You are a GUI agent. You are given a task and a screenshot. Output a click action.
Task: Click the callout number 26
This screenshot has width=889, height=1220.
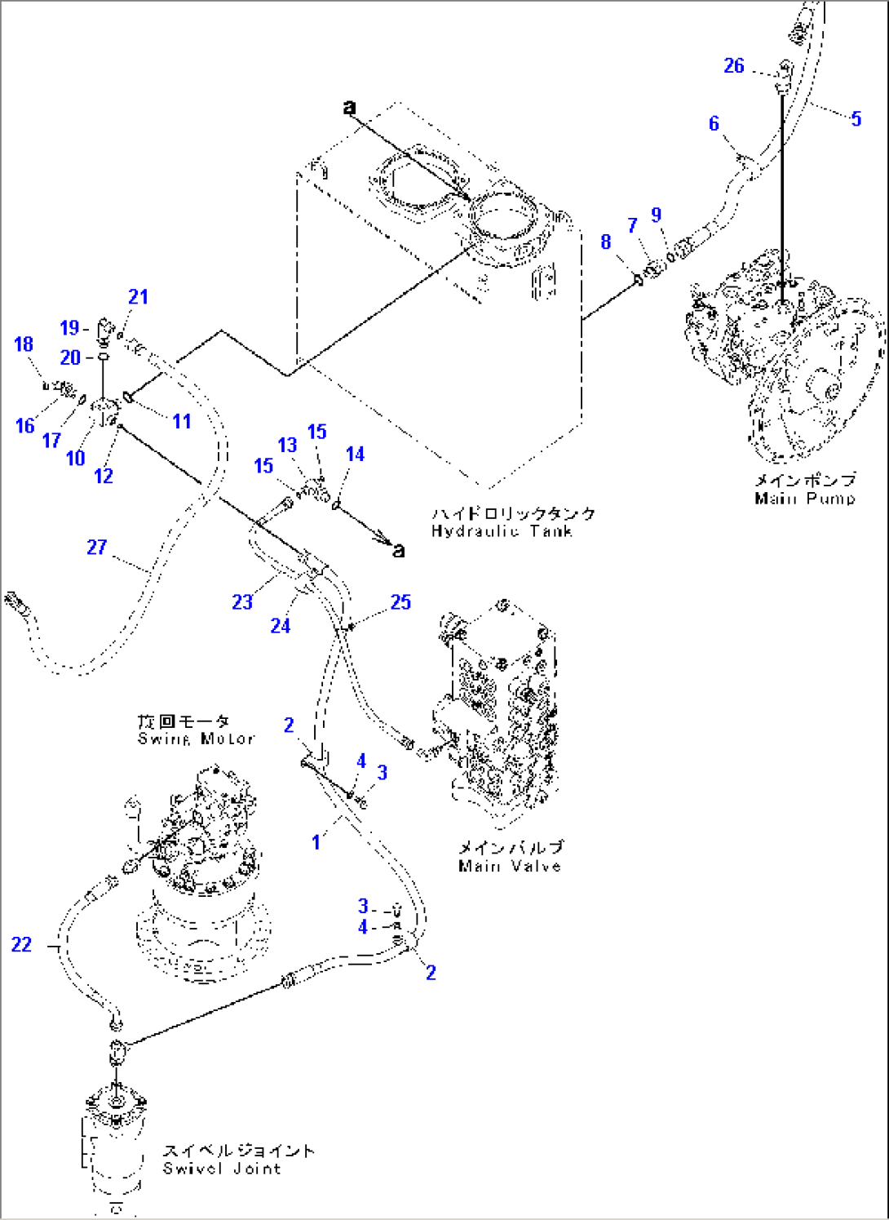click(x=734, y=66)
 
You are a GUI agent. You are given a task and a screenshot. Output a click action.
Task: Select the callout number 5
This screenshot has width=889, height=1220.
click(x=856, y=119)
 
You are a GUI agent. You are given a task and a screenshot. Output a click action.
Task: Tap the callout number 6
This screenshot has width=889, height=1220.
click(x=714, y=123)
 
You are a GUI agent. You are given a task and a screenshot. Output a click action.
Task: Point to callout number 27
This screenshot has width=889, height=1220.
click(x=96, y=547)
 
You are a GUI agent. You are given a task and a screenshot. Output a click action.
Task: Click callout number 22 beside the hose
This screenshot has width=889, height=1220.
click(x=21, y=944)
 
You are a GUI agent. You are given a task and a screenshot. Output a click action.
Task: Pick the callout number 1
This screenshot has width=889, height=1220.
click(x=316, y=841)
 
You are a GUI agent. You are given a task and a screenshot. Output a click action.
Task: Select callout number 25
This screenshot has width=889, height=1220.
click(x=400, y=602)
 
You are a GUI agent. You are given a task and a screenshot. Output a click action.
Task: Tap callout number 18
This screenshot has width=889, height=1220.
click(x=24, y=344)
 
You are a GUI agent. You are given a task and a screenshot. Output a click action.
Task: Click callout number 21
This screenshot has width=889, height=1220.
click(x=138, y=297)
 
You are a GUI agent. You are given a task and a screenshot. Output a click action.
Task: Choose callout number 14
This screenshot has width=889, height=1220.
click(x=355, y=454)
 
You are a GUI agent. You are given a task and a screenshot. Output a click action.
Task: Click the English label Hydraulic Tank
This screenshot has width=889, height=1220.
click(x=502, y=531)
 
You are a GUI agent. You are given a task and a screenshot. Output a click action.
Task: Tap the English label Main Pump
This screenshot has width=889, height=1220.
click(x=804, y=499)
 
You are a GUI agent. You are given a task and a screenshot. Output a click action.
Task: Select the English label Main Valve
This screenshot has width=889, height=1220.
click(x=510, y=866)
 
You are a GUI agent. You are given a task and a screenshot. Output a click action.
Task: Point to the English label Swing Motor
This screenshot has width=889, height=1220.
click(x=196, y=739)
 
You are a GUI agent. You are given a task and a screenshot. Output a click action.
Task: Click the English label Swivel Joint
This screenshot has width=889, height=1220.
click(x=222, y=1169)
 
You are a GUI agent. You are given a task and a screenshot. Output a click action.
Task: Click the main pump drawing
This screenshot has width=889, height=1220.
click(x=783, y=351)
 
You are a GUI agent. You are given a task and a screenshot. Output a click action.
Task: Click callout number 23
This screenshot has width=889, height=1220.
click(x=242, y=602)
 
